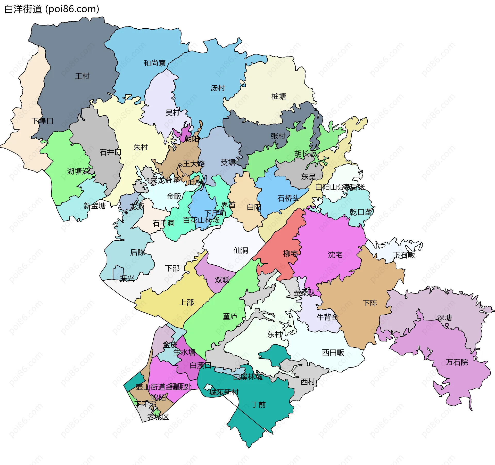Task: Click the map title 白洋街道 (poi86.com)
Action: tap(52, 9)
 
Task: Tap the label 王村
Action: tap(82, 76)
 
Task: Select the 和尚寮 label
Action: tap(154, 63)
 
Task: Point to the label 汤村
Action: tap(218, 88)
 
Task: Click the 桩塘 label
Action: tap(279, 96)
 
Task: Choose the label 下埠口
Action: tap(42, 121)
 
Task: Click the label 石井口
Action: tap(110, 152)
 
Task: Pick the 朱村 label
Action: tap(141, 147)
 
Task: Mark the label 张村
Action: tap(278, 136)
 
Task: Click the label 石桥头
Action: tap(288, 198)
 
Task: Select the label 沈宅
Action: tap(335, 255)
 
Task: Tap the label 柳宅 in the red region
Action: tap(291, 254)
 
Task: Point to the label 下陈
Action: tap(370, 303)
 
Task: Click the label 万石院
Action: tap(457, 362)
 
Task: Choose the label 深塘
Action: tap(445, 318)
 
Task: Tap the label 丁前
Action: tap(258, 405)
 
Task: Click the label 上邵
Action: tap(186, 302)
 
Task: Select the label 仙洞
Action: tap(241, 250)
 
